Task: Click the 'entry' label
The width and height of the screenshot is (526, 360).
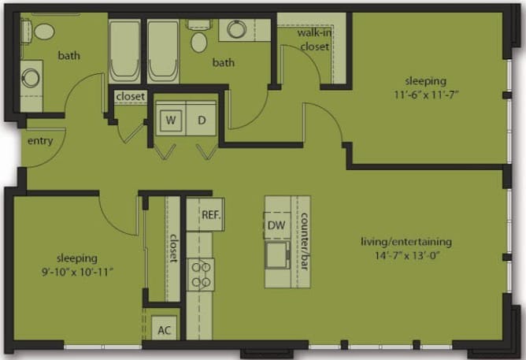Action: click(x=39, y=141)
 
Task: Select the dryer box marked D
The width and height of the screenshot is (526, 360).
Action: click(x=201, y=121)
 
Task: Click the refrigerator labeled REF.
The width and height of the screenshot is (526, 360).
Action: click(x=209, y=214)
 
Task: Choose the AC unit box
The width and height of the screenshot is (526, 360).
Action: click(x=164, y=330)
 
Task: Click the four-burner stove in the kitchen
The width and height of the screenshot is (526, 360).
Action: click(x=201, y=274)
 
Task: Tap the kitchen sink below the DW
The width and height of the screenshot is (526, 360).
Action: click(x=276, y=254)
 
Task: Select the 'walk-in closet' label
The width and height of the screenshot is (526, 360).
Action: click(x=313, y=40)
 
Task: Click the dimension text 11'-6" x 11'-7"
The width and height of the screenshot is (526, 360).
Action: click(x=426, y=95)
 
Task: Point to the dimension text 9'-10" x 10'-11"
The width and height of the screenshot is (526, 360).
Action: click(x=76, y=272)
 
